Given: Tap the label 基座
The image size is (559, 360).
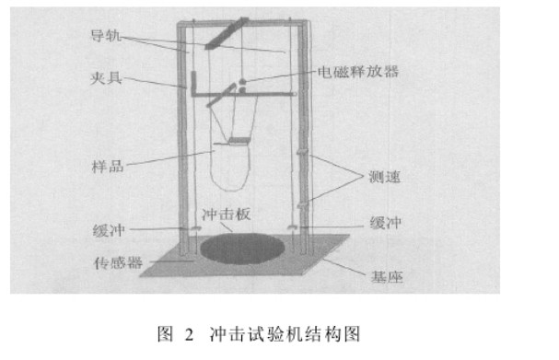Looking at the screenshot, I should [x=378, y=275].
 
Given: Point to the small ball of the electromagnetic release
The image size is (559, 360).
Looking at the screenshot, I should [x=242, y=87].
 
